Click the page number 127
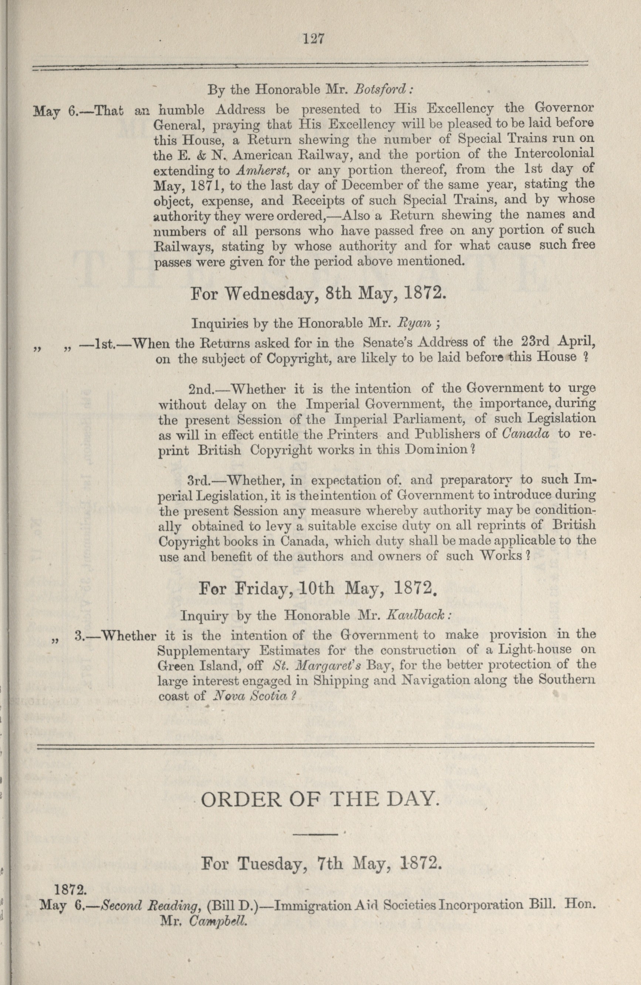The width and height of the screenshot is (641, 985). click(313, 39)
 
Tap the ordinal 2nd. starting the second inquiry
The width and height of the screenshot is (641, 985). click(201, 389)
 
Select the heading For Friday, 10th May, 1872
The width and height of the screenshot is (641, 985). click(318, 589)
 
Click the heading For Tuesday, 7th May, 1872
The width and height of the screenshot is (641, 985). click(319, 864)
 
